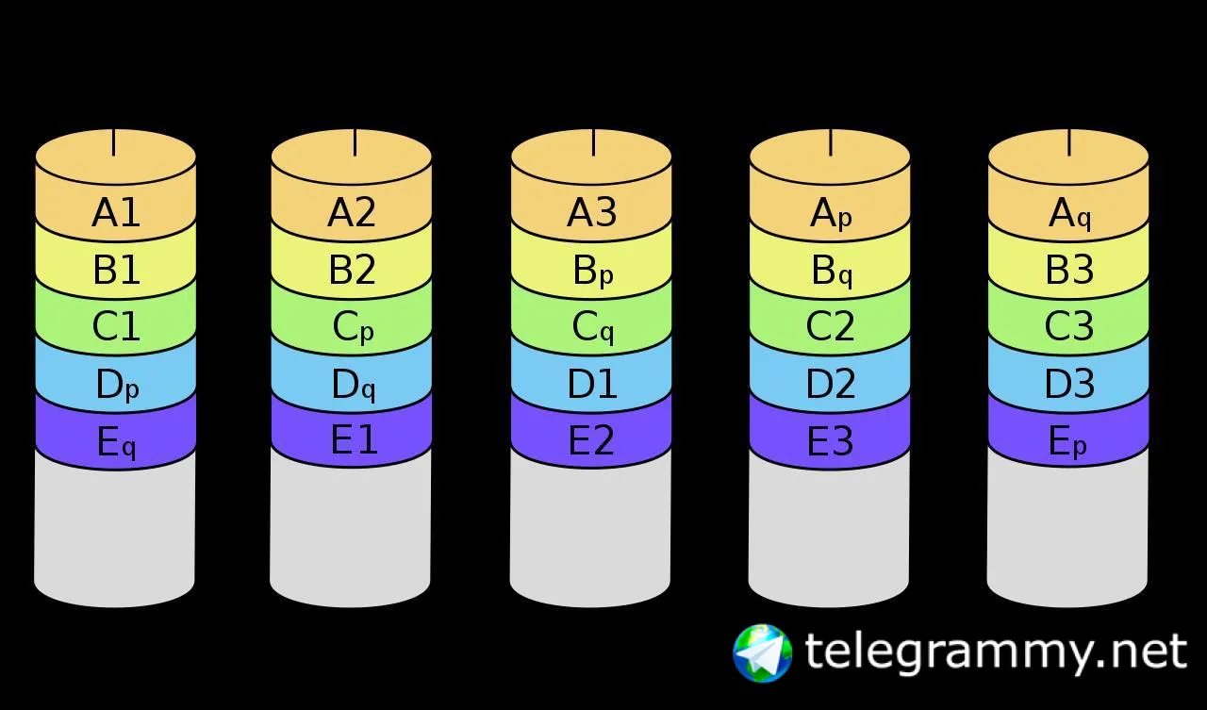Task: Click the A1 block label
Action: [116, 213]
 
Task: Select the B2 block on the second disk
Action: [352, 271]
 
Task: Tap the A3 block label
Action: [592, 213]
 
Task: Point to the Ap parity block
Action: [831, 215]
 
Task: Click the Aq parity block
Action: [1069, 215]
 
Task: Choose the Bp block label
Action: [592, 272]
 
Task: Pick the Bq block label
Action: [831, 272]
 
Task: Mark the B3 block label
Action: [1069, 271]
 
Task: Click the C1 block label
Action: [116, 326]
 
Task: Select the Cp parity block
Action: [352, 328]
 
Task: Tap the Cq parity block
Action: [592, 328]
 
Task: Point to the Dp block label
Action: [116, 386]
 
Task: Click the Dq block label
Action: [352, 386]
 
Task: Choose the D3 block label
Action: [1069, 384]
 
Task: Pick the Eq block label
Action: [116, 442]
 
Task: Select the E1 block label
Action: [352, 440]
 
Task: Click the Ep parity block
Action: [1069, 442]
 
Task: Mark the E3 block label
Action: [831, 440]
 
